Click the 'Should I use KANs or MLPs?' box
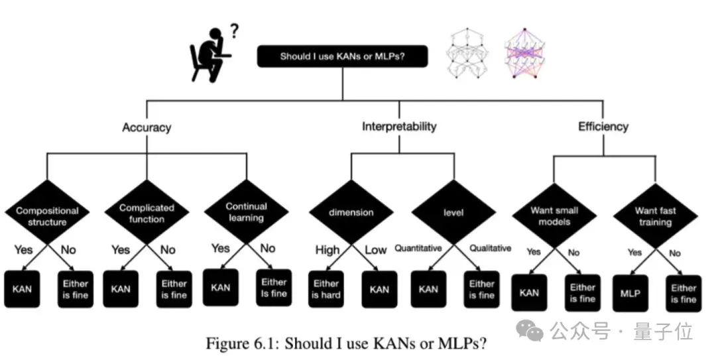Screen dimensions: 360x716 342,56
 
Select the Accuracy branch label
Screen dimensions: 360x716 147,127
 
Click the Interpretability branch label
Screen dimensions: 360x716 399,126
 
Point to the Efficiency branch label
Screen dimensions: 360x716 603,126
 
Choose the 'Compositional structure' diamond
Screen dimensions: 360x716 47,216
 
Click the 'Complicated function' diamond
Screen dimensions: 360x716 147,213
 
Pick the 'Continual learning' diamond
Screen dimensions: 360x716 246,213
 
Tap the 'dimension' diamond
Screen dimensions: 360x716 351,213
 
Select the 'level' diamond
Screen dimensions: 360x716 453,213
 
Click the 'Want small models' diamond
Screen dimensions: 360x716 554,216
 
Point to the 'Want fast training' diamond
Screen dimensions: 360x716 656,216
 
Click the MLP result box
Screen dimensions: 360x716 630,292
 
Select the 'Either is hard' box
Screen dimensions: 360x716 326,289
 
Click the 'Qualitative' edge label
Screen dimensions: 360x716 490,249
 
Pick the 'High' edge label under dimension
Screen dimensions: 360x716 328,250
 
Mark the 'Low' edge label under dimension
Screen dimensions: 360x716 376,250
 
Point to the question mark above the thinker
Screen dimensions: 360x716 233,30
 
